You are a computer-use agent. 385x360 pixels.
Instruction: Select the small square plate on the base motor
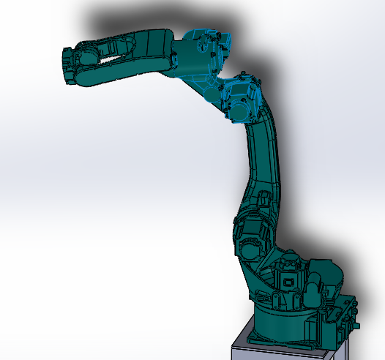tap(290, 280)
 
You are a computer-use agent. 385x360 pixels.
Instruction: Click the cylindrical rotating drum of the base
tap(282, 322)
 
